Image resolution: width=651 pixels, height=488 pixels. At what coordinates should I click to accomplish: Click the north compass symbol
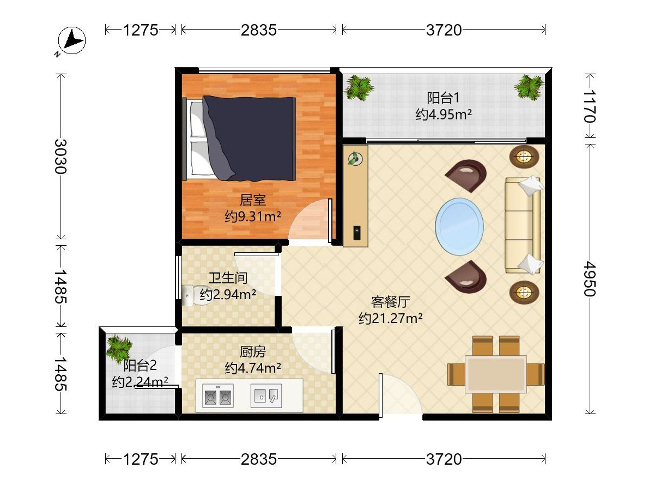pos(72,40)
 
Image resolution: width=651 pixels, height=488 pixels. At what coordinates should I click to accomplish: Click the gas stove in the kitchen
pos(218,396)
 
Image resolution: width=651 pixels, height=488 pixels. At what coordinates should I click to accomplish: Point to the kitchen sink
pos(266,396)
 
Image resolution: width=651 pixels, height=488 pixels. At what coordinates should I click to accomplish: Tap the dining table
pos(496,374)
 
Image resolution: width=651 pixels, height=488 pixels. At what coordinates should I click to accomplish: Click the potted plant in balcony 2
pos(119,349)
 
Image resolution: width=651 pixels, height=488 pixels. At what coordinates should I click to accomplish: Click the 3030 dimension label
pos(61,156)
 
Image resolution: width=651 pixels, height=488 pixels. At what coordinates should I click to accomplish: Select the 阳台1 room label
pos(443,98)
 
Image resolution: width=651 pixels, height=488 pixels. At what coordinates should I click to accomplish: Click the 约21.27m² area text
pos(391,318)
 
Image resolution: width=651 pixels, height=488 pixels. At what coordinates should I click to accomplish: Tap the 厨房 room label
pos(253,352)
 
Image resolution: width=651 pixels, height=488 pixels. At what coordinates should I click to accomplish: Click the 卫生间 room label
pos(228,278)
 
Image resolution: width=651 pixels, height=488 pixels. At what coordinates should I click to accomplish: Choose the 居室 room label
pos(253,200)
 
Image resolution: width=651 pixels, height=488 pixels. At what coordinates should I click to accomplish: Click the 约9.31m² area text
pos(253,217)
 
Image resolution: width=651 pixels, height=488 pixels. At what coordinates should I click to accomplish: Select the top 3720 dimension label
pos(444,30)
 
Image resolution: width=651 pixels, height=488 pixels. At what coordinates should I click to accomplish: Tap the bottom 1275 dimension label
pos(141,459)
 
